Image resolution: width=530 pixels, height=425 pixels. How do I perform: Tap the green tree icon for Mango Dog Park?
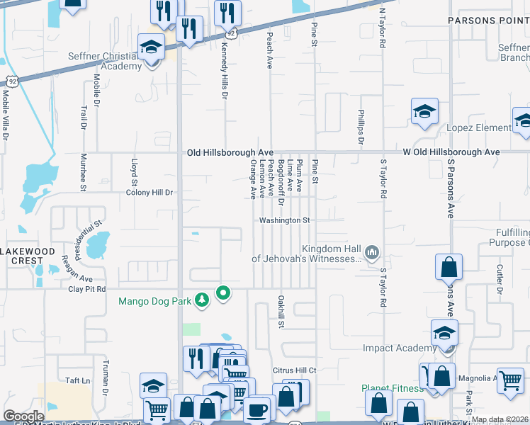coord(203,301)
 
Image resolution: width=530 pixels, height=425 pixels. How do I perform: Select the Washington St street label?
coord(285,221)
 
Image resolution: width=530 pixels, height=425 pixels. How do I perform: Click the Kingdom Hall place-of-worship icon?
coord(371,252)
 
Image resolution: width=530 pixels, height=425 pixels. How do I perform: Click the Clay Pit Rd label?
coord(86,289)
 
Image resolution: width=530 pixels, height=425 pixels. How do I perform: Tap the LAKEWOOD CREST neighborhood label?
coord(27,256)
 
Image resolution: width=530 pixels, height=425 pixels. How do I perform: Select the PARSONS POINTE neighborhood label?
coord(488,21)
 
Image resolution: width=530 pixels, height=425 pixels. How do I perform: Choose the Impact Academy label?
coord(400,348)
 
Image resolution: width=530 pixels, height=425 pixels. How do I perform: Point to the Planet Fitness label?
coord(392,388)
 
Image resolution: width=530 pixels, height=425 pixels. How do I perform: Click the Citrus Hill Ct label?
coord(294,370)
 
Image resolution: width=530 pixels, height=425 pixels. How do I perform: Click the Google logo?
coord(23,416)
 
